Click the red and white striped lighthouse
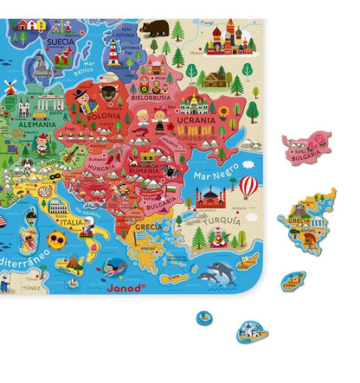click(113, 51)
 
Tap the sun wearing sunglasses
click(57, 239)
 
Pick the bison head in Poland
click(108, 91)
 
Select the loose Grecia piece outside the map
click(306, 223)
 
